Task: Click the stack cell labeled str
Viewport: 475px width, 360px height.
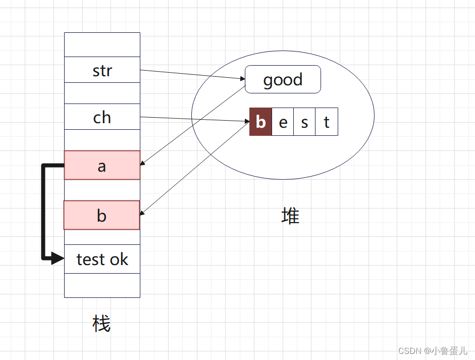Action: [102, 70]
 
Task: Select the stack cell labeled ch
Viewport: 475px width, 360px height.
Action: [102, 117]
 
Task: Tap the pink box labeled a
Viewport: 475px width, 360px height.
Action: [102, 165]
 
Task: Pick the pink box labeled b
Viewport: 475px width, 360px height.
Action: [102, 215]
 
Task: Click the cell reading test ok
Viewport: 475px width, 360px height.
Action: [102, 259]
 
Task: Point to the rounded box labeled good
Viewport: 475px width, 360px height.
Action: [283, 79]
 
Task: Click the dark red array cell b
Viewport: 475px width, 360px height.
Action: [260, 122]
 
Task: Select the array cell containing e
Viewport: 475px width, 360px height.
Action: [283, 122]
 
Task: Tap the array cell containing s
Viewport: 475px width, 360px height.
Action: [304, 122]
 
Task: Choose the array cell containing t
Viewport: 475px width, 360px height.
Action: [327, 122]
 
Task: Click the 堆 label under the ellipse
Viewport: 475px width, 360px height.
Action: [290, 216]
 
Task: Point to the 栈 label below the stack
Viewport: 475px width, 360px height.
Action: [101, 323]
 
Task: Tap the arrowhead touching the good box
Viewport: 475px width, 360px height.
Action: [242, 79]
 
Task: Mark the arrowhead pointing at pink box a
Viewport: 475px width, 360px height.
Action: [143, 164]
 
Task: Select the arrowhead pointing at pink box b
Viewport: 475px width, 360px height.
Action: [143, 214]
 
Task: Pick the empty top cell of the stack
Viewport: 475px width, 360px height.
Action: [102, 45]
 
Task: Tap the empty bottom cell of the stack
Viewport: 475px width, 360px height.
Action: [102, 285]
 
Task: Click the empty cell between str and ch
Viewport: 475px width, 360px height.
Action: [102, 93]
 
